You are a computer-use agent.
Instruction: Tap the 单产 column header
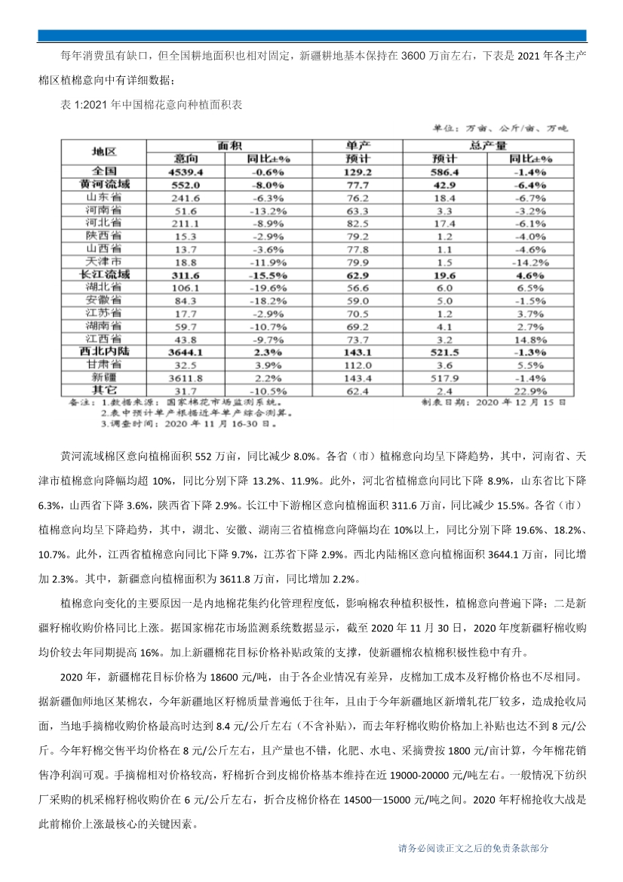point(358,145)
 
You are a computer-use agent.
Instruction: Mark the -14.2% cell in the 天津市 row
point(531,261)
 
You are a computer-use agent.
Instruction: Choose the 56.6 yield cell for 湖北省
point(358,287)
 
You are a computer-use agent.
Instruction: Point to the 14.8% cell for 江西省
point(531,338)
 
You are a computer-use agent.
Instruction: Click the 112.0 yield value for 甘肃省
point(358,364)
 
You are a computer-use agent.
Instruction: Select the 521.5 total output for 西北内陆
point(445,351)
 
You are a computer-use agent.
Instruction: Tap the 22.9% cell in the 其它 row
point(531,389)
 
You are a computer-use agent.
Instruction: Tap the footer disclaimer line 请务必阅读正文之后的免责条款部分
point(474,848)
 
